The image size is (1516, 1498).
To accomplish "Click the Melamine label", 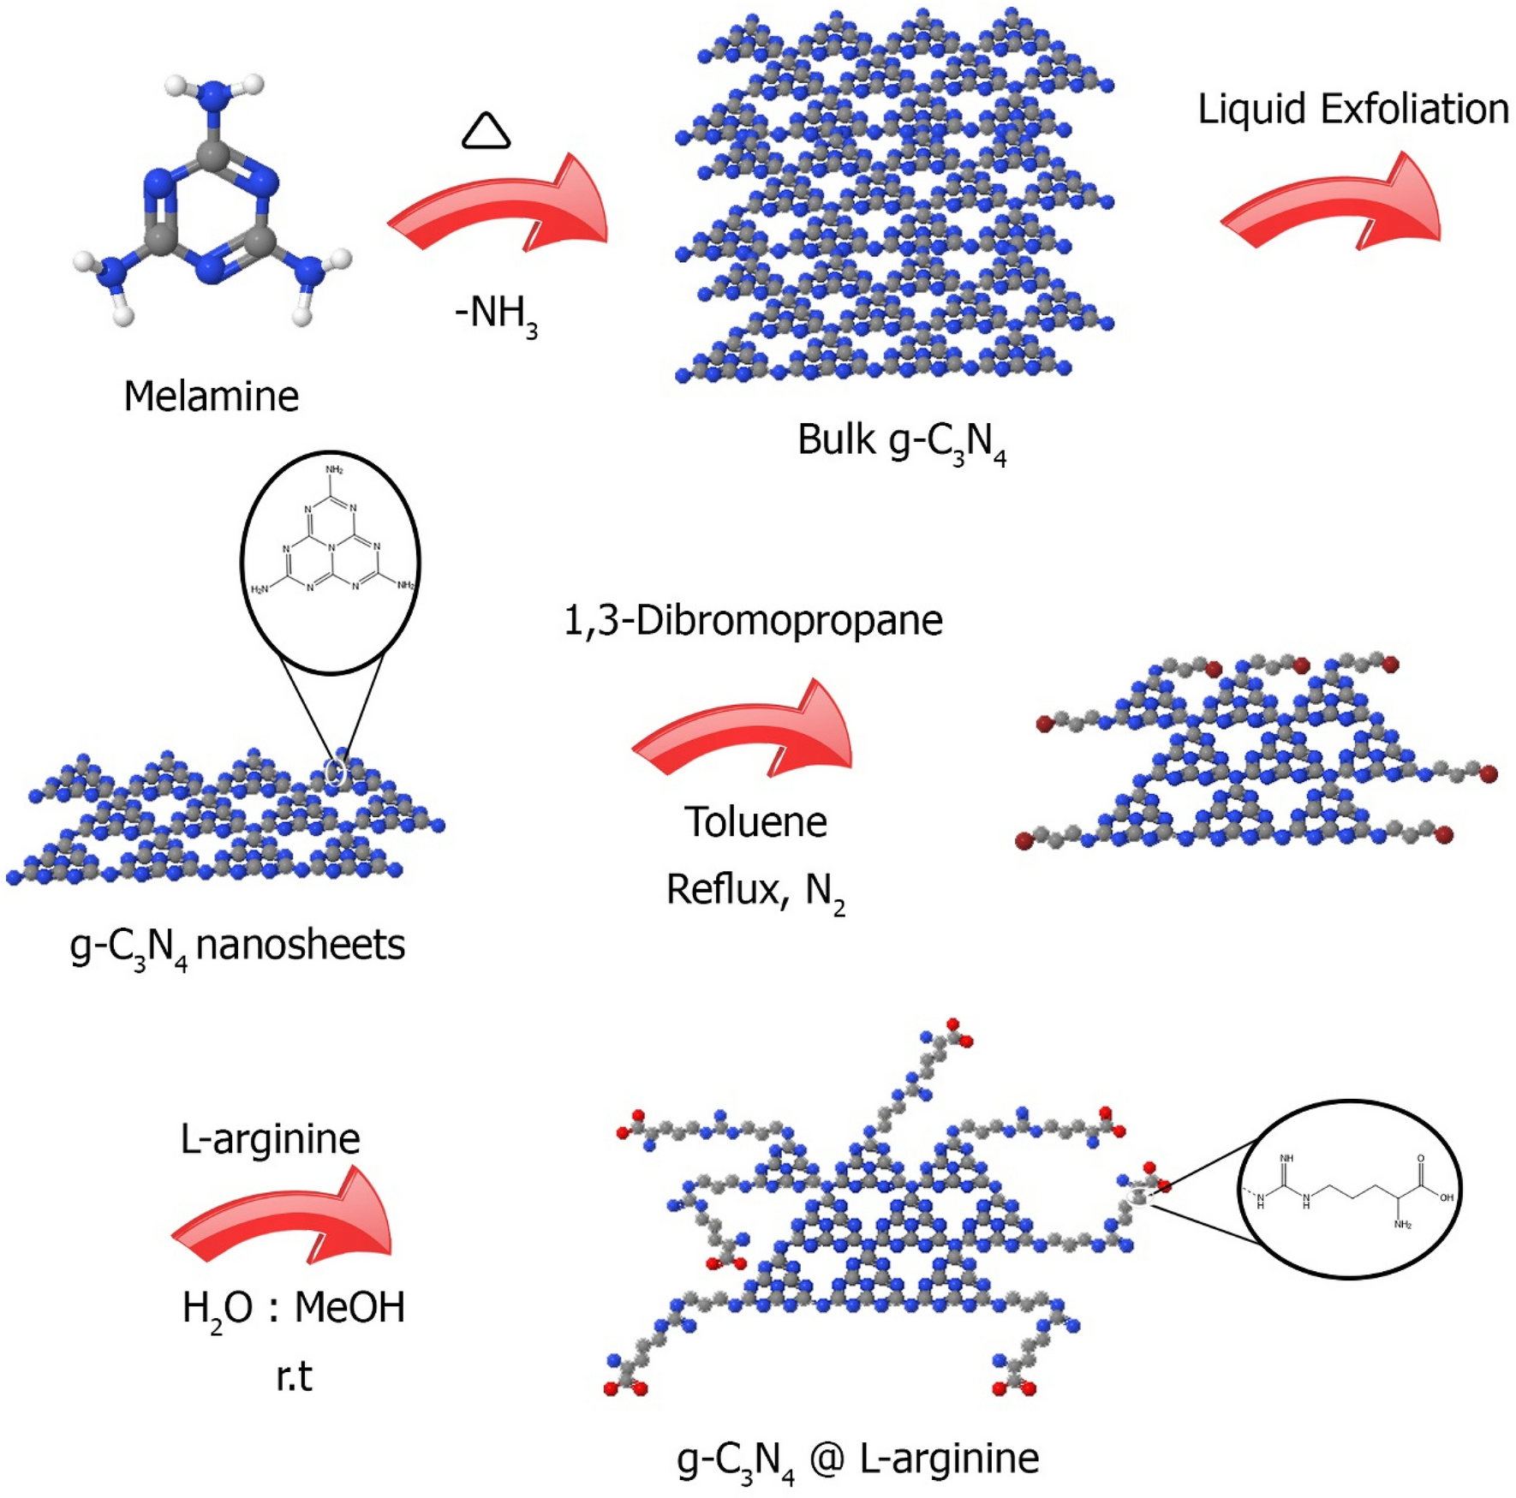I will (x=212, y=397).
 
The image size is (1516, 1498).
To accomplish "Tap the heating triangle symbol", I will (x=486, y=131).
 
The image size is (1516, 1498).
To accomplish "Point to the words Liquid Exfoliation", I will (x=1352, y=110).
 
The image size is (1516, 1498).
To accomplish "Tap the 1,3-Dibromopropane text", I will (x=753, y=620).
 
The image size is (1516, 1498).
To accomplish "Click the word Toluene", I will (x=755, y=822).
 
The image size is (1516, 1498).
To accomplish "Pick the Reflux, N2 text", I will (x=755, y=892).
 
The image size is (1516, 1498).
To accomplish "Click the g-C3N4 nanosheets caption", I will (x=237, y=946).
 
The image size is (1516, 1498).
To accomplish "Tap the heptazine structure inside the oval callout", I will (x=331, y=548).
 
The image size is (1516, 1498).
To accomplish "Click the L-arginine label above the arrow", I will (x=270, y=1138).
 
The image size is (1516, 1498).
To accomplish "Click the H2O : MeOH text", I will (x=293, y=1309).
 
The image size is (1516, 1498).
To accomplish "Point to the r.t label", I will (x=294, y=1377).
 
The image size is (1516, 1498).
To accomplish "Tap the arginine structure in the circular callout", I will (x=1352, y=1191).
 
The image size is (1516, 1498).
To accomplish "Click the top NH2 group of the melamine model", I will (x=213, y=91).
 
